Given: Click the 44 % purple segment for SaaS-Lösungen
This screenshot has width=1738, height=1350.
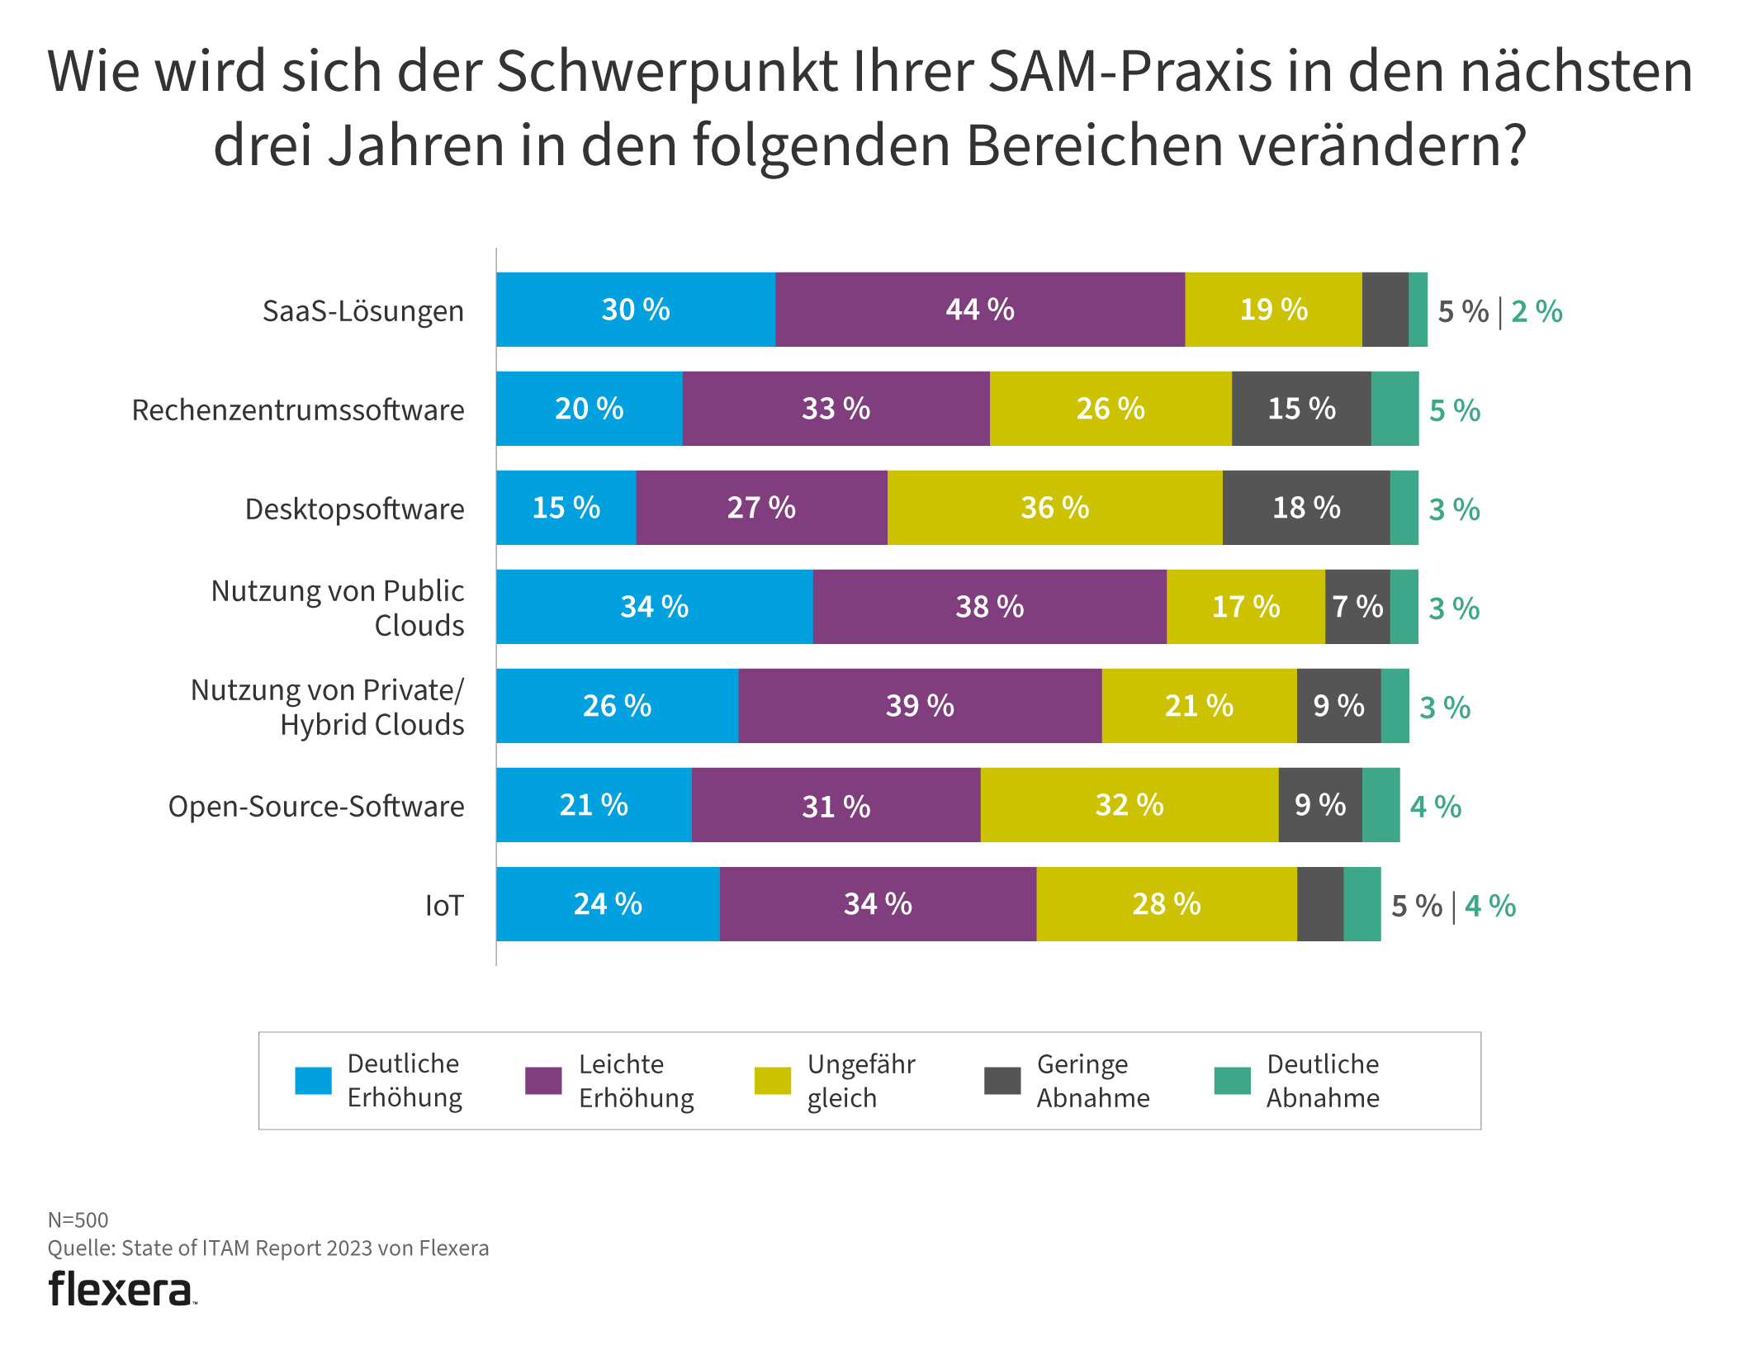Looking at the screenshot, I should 979,310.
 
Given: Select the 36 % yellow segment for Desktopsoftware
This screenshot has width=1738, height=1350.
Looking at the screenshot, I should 1054,508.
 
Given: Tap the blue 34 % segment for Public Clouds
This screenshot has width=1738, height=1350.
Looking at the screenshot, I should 654,607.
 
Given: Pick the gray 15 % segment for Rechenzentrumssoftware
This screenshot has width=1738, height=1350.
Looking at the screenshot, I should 1301,409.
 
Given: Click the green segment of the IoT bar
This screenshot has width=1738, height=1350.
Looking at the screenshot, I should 1362,904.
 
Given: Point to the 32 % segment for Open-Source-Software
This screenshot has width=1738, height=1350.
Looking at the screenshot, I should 1129,805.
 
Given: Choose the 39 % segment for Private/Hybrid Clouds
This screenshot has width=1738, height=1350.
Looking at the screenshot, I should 920,706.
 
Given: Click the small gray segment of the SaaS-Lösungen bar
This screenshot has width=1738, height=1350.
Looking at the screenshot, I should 1385,310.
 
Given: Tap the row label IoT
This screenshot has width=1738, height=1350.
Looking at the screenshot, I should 444,906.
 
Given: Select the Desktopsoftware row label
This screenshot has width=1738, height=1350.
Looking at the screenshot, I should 354,509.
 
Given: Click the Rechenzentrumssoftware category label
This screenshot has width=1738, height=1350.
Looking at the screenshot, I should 298,410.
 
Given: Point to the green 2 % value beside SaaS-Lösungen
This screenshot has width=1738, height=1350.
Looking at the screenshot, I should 1537,312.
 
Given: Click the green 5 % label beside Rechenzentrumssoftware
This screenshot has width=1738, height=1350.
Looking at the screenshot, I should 1454,410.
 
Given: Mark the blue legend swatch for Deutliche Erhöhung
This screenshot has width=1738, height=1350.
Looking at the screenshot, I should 313,1081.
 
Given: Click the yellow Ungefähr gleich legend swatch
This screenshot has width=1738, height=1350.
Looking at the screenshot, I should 773,1081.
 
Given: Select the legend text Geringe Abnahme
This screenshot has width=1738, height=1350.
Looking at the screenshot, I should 1092,1081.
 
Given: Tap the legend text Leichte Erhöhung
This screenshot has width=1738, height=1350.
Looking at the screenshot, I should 636,1081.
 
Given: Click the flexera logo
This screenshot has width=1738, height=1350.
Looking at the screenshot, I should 121,1290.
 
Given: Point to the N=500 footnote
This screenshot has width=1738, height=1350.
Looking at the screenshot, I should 78,1220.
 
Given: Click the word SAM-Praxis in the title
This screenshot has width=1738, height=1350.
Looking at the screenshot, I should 1129,71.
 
